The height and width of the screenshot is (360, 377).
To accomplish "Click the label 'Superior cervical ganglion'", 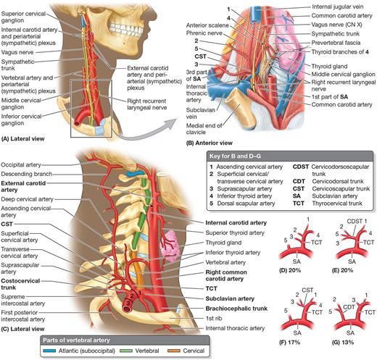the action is pyautogui.click(x=23, y=17).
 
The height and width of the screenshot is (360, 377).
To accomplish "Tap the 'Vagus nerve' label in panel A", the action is pyautogui.click(x=17, y=52).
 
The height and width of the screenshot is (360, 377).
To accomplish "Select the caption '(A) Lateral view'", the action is pyautogui.click(x=23, y=139).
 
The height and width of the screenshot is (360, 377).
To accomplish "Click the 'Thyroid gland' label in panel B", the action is pyautogui.click(x=329, y=66).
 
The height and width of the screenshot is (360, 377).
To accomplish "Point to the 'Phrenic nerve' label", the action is pyautogui.click(x=204, y=33).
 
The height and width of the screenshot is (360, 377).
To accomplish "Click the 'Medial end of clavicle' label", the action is pyautogui.click(x=204, y=129).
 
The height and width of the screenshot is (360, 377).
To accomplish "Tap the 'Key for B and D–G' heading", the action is pyautogui.click(x=235, y=156).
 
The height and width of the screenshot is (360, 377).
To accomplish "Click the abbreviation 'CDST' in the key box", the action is pyautogui.click(x=301, y=167).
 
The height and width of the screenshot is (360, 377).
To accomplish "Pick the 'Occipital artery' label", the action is pyautogui.click(x=21, y=165).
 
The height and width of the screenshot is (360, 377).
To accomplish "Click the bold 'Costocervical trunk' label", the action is pyautogui.click(x=20, y=284).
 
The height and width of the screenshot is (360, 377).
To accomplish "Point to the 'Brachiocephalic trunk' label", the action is pyautogui.click(x=236, y=309).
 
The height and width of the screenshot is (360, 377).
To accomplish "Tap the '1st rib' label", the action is pyautogui.click(x=214, y=319).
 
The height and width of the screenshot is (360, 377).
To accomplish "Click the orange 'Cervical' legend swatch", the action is pyautogui.click(x=173, y=351).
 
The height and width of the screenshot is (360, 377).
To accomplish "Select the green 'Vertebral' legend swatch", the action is pyautogui.click(x=126, y=351).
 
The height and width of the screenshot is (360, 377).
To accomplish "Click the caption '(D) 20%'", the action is pyautogui.click(x=290, y=270).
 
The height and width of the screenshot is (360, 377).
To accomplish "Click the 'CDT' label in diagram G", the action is pyautogui.click(x=349, y=307).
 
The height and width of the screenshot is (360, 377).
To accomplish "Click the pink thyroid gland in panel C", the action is pyautogui.click(x=171, y=246).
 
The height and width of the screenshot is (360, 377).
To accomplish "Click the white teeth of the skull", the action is pyautogui.click(x=125, y=30).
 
